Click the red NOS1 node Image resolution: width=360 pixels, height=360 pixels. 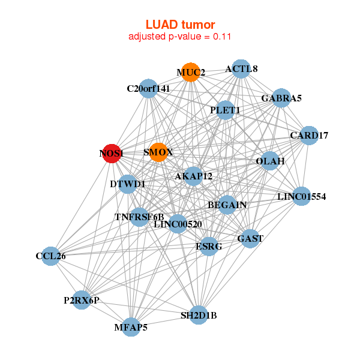(111, 154)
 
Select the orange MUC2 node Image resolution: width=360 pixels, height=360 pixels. (191, 73)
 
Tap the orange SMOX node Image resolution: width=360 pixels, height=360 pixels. (158, 152)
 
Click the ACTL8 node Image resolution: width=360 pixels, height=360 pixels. (241, 69)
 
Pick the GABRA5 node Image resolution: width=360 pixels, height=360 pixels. (281, 98)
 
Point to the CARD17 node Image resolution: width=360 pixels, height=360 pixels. (308, 136)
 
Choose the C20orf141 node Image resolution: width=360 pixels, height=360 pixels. (148, 89)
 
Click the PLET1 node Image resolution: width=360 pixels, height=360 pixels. (225, 110)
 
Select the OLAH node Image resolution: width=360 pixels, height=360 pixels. (270, 161)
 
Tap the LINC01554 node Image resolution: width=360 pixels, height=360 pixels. (301, 196)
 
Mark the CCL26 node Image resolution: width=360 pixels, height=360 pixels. (50, 256)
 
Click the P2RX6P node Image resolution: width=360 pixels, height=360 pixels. (82, 299)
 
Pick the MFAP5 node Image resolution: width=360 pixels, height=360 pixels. (131, 327)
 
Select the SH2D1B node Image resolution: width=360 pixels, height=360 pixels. (199, 315)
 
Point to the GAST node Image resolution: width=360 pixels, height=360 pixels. (250, 238)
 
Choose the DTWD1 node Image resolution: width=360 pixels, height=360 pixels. (128, 184)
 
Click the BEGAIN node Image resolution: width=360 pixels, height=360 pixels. (227, 205)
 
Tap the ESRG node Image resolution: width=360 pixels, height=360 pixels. (209, 246)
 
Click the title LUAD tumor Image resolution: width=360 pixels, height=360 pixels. (180, 25)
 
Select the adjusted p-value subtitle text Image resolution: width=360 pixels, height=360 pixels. (180, 37)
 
